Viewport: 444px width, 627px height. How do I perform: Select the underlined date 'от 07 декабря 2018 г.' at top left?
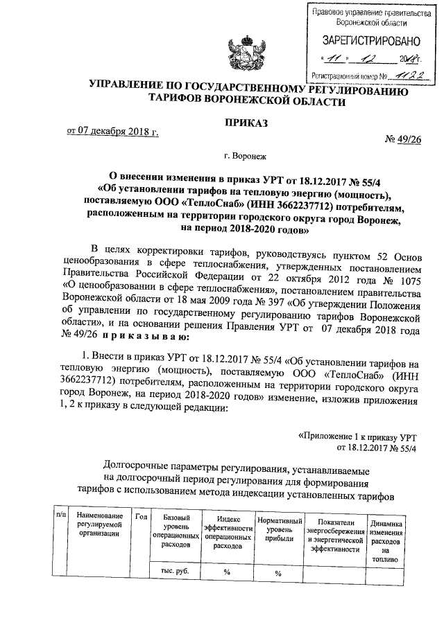click(x=112, y=131)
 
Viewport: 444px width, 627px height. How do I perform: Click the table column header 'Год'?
click(x=142, y=516)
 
